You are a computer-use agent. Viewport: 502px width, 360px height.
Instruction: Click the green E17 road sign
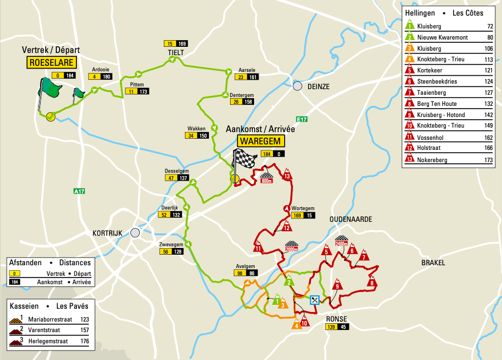[302, 119]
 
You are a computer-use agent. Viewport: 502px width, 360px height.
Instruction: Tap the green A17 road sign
[79, 191]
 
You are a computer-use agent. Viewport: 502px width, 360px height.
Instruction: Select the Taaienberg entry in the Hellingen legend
[440, 93]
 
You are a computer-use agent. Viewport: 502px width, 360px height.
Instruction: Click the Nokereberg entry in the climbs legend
[440, 159]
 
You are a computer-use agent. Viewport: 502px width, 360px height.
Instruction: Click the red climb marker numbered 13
[287, 176]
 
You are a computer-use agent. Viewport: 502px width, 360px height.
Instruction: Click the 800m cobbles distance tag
[267, 180]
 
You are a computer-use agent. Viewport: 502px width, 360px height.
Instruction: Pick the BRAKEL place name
[433, 262]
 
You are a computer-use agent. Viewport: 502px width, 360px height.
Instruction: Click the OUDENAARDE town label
[350, 220]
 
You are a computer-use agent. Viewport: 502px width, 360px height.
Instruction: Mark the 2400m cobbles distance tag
[342, 244]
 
